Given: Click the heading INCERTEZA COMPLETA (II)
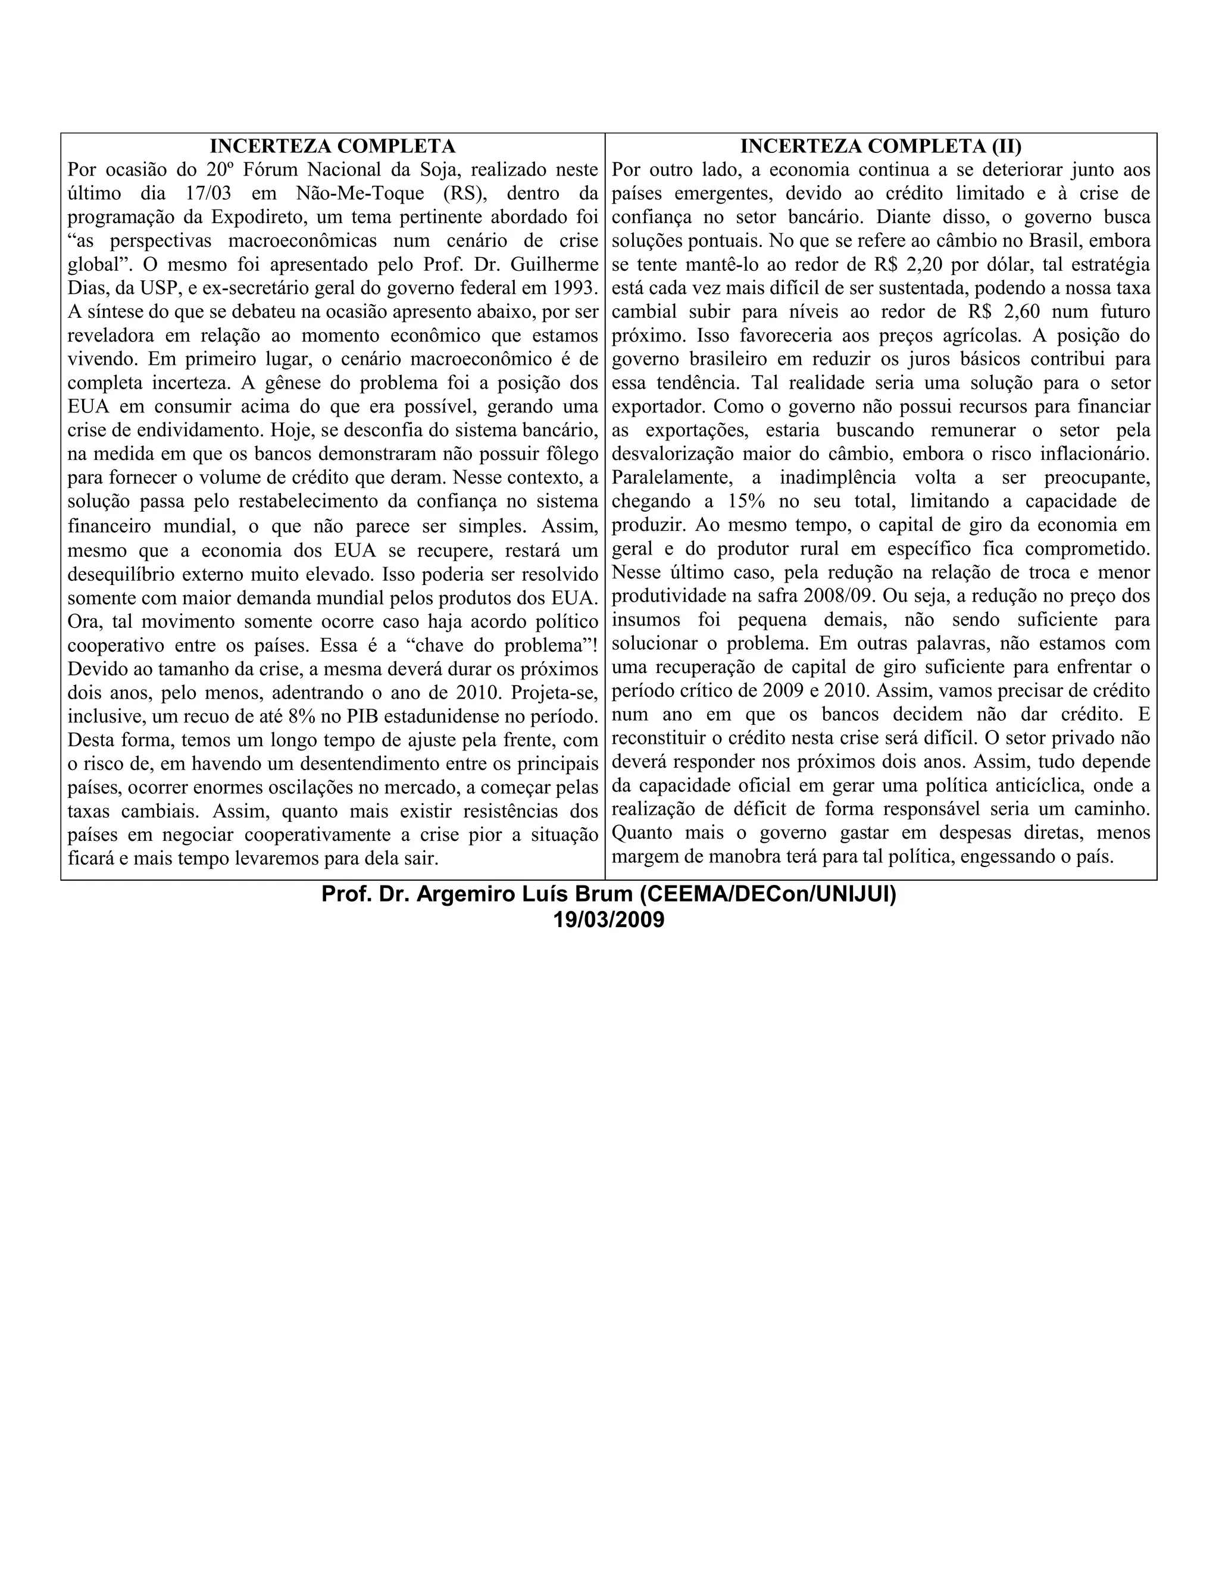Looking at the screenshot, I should pos(880,146).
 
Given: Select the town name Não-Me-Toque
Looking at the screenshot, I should pos(360,193).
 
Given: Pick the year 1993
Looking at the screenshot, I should pos(575,288).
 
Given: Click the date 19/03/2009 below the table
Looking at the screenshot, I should pos(608,921).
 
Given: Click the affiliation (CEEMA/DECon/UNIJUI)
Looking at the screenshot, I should pos(768,896).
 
